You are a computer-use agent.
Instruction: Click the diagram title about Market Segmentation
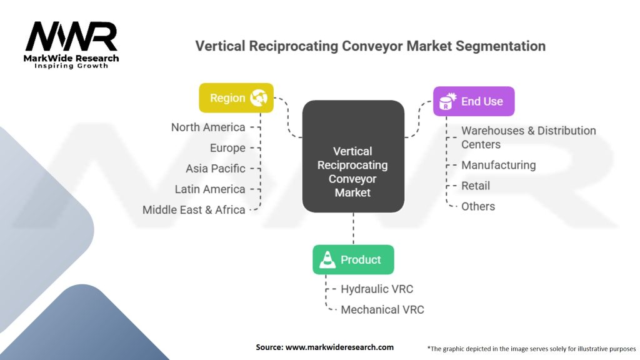370,46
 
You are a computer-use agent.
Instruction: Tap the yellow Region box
236,98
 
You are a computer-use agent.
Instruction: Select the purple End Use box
474,101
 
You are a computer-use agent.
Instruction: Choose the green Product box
353,259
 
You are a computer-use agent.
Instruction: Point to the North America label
208,127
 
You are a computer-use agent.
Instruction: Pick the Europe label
227,148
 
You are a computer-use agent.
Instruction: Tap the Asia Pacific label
215,169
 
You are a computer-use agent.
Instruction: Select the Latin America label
210,189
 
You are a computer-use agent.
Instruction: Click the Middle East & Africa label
194,210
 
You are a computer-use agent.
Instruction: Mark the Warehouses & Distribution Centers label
528,137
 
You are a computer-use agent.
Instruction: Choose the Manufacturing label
498,165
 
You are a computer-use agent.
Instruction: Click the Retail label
476,186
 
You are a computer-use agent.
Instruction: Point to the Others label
478,206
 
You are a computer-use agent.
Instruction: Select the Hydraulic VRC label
377,289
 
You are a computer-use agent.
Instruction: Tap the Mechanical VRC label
382,309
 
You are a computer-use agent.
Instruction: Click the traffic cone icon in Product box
327,260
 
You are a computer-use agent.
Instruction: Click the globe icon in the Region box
259,97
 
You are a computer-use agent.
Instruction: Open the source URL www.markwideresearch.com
339,347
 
